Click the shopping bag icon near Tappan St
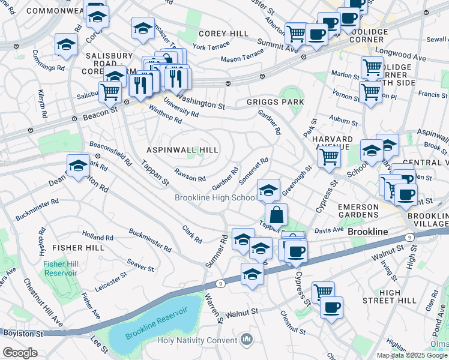[276, 214]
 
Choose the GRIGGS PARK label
[275, 102]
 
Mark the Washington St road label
[200, 102]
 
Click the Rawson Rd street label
[190, 175]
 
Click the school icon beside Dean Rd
[78, 167]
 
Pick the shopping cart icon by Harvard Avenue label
[328, 157]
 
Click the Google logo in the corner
[20, 353]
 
